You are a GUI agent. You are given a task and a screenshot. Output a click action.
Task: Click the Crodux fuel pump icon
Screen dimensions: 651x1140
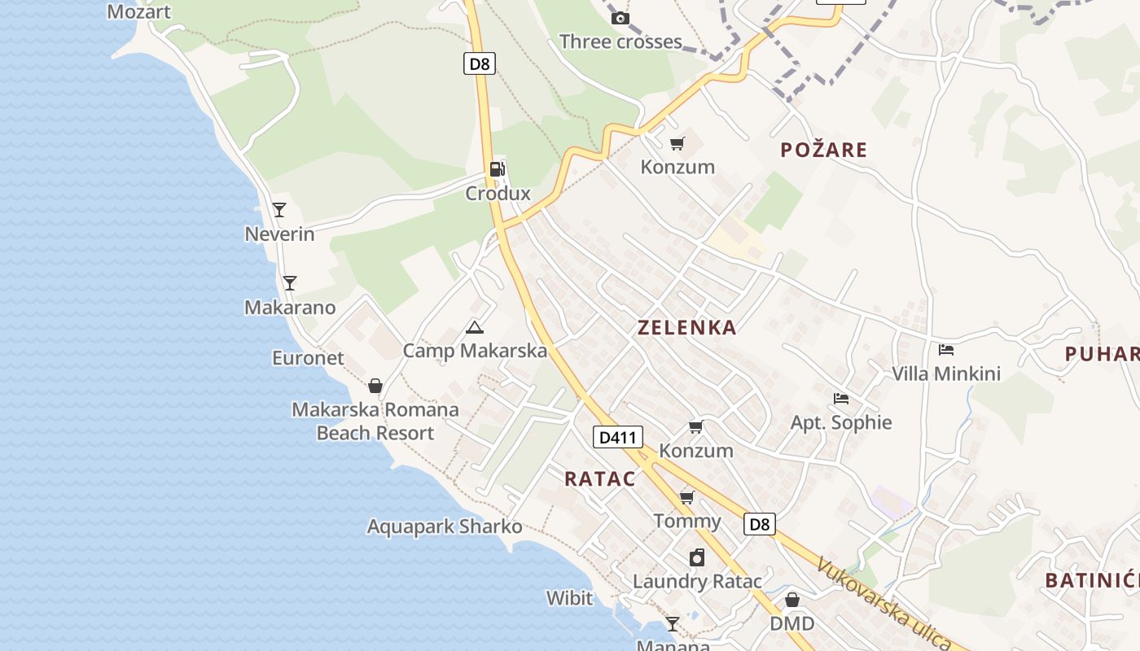497,169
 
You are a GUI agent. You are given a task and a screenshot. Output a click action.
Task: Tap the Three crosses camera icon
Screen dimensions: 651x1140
620,18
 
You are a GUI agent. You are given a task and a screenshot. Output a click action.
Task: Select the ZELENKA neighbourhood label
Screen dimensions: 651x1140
686,328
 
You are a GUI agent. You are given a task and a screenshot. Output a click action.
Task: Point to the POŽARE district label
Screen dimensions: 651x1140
823,150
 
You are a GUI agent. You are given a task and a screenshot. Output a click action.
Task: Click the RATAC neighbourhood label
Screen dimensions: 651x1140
600,478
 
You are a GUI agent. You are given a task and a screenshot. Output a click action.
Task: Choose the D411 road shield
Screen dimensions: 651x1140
617,437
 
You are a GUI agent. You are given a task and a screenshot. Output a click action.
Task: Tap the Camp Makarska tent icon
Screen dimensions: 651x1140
474,328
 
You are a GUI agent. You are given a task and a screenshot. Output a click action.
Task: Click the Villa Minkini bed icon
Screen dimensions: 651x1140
945,350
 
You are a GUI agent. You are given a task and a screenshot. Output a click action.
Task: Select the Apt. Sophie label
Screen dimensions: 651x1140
841,422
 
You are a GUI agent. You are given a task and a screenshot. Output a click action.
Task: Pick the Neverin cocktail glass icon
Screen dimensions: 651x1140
279,210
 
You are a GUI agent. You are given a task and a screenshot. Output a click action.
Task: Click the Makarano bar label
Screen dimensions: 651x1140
290,308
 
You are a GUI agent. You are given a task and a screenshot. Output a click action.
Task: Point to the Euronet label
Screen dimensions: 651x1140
308,358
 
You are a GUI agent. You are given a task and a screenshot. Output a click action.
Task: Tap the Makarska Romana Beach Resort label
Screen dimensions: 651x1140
375,421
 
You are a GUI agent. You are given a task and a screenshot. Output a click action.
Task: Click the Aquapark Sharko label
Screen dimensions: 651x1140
445,526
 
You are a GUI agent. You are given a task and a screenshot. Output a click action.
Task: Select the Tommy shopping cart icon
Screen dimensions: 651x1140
687,497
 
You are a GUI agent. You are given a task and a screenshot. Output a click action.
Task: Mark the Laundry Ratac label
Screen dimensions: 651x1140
697,581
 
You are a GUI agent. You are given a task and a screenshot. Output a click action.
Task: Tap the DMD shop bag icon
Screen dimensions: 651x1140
791,600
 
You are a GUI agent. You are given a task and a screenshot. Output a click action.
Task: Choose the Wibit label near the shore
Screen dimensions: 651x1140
569,598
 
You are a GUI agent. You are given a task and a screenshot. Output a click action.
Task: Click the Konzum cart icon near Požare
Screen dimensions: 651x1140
677,144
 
